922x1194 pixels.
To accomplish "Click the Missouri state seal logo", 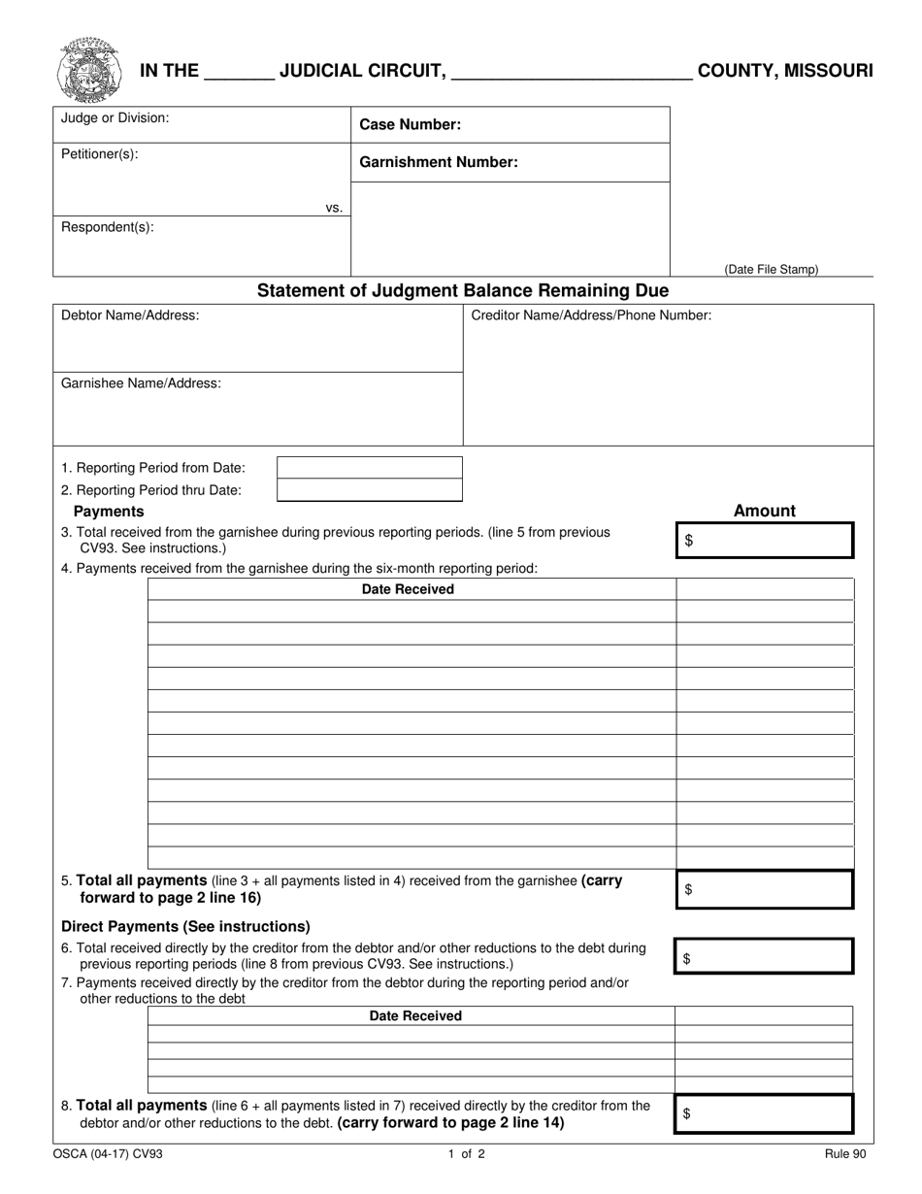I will [x=88, y=70].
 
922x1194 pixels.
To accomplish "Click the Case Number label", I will [x=410, y=124].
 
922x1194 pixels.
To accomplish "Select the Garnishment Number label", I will [x=438, y=162].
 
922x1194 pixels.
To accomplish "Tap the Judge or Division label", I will [x=115, y=117].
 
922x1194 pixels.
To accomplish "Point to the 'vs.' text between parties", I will [x=334, y=207].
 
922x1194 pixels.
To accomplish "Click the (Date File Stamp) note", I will [x=771, y=269].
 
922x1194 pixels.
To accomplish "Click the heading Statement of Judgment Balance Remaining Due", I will [x=462, y=290].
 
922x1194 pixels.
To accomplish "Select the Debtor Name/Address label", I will [x=130, y=315].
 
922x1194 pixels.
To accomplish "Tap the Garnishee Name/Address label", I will [x=141, y=383].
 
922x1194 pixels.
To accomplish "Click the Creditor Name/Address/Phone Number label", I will [x=591, y=315].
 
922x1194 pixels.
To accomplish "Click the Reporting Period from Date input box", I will [x=369, y=468].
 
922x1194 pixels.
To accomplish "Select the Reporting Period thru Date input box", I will [x=369, y=490].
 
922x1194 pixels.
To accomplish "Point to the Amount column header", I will [x=764, y=511].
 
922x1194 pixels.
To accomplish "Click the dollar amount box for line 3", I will [x=764, y=541].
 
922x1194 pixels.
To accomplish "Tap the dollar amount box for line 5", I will [x=764, y=889].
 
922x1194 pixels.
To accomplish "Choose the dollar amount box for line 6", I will [x=764, y=957].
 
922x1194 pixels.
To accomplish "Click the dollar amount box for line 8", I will [x=764, y=1114].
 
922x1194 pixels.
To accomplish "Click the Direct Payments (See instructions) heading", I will [x=185, y=926].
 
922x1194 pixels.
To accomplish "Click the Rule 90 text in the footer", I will [x=840, y=1155].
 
